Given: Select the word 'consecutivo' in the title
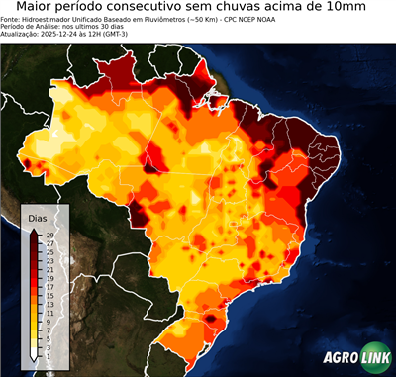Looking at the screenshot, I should click(144, 8).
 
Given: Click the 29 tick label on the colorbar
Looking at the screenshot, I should click(49, 235).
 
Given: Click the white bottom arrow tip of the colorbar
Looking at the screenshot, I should click(35, 358).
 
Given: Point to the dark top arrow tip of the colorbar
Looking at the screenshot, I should click(35, 231).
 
